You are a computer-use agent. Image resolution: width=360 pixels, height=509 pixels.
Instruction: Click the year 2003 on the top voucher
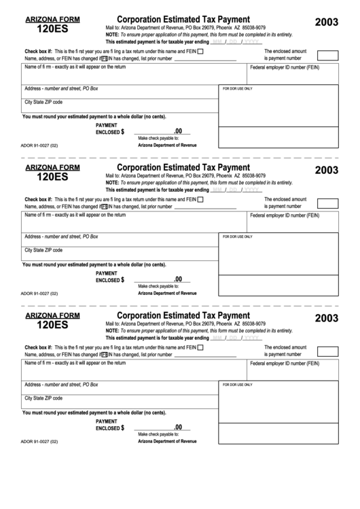pyautogui.click(x=327, y=22)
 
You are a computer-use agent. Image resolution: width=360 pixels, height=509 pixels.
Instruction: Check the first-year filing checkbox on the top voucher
pyautogui.click(x=200, y=51)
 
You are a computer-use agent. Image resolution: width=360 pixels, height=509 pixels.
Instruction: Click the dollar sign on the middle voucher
pyautogui.click(x=122, y=279)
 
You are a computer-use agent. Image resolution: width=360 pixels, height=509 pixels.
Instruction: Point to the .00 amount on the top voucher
pyautogui.click(x=178, y=131)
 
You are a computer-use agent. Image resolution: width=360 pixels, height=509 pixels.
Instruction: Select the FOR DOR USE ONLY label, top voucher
pyautogui.click(x=238, y=88)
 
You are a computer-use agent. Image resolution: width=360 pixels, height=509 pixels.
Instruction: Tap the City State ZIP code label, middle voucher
pyautogui.click(x=43, y=249)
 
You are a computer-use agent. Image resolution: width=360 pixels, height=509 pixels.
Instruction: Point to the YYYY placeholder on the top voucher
pyautogui.click(x=251, y=41)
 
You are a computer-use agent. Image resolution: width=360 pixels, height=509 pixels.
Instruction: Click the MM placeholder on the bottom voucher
pyautogui.click(x=217, y=338)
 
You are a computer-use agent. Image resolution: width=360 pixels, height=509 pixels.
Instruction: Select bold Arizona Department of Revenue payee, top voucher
pyautogui.click(x=167, y=145)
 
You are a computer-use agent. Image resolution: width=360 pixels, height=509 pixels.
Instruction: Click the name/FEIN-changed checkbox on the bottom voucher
pyautogui.click(x=104, y=355)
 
